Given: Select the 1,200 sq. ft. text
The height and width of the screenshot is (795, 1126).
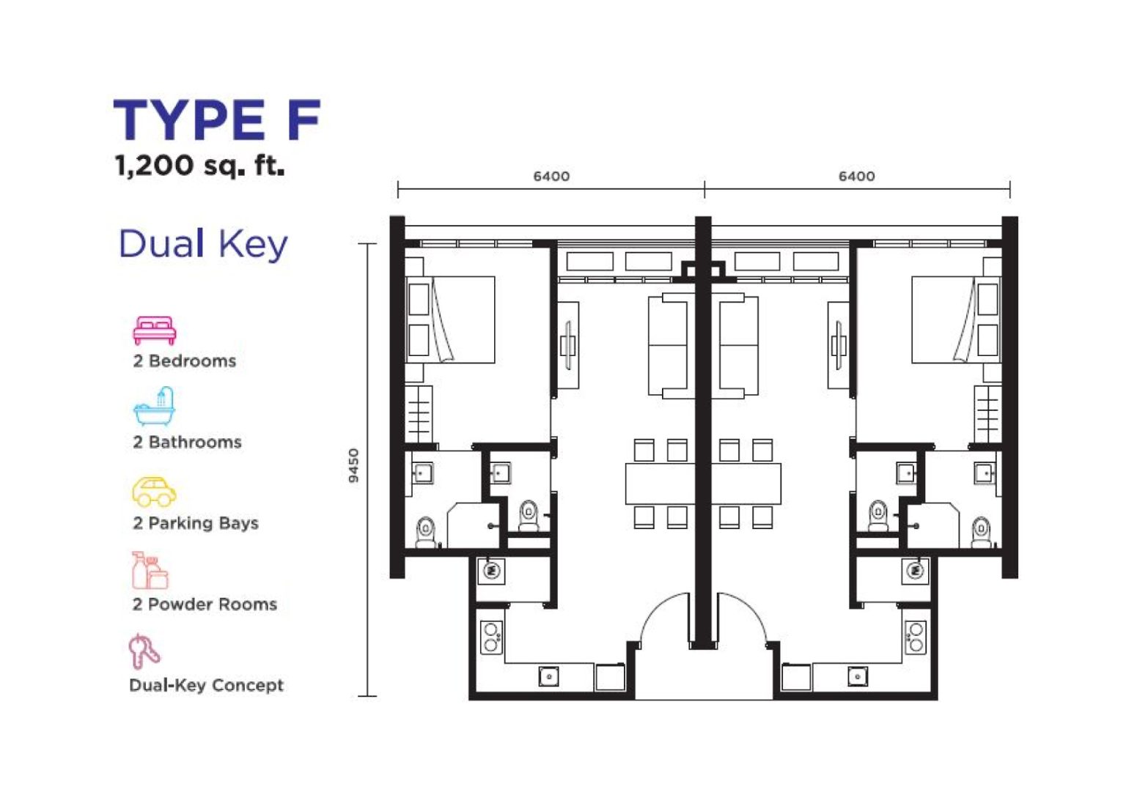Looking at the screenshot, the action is click(x=199, y=165).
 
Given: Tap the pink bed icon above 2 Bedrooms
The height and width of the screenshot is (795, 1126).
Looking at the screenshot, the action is click(x=155, y=330).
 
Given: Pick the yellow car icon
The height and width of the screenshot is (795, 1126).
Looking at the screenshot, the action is click(x=154, y=492).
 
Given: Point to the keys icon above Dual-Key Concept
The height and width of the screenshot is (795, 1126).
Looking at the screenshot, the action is click(x=144, y=651).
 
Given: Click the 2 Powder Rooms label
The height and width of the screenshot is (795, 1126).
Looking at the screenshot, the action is click(x=205, y=604).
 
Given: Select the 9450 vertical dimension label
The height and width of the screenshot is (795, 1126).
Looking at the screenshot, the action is click(x=354, y=465).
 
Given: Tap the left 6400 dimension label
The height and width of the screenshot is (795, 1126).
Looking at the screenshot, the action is click(x=551, y=177).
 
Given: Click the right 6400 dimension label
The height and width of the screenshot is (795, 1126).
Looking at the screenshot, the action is click(x=856, y=177).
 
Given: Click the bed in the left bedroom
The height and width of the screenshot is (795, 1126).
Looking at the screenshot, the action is click(x=450, y=319).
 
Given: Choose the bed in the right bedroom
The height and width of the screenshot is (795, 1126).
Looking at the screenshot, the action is click(x=957, y=319).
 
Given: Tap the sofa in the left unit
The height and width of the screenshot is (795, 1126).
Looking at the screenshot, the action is click(x=668, y=345).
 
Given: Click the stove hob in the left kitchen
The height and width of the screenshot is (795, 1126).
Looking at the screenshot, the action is click(x=492, y=637).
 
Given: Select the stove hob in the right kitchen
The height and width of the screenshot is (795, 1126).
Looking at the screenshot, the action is click(x=916, y=637).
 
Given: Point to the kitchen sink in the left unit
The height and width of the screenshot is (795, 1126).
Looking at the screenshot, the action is click(x=549, y=676).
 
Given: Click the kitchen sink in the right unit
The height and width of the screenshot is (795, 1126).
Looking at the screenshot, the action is click(x=858, y=676).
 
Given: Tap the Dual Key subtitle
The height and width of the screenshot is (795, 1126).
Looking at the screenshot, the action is click(x=203, y=244).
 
